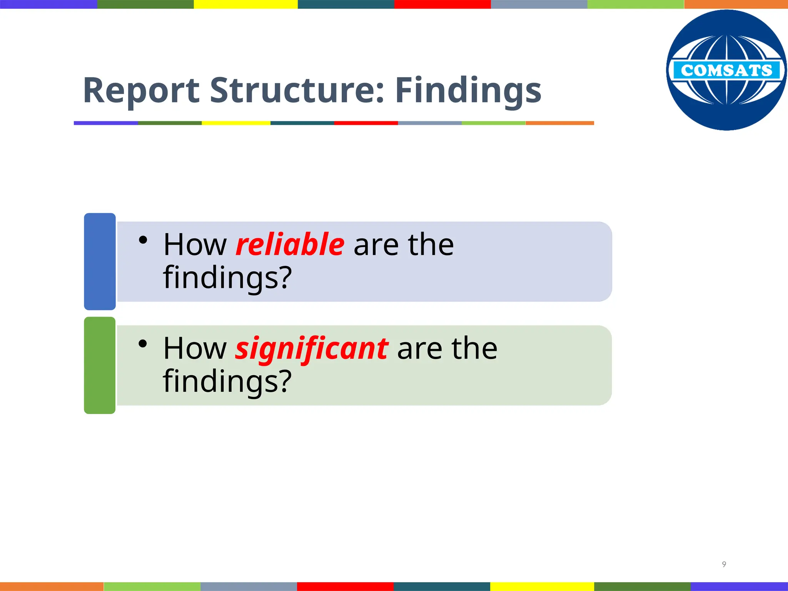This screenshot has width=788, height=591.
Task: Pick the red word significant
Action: [312, 348]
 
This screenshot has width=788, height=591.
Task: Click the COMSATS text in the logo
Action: [726, 70]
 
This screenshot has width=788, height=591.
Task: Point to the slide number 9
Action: [724, 564]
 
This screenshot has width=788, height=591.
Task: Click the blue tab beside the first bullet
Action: [100, 261]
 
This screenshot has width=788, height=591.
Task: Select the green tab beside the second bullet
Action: [100, 365]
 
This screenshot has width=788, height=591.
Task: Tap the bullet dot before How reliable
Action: [143, 240]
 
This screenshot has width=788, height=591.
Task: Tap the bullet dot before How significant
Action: [143, 344]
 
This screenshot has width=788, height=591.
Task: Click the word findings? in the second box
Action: [227, 381]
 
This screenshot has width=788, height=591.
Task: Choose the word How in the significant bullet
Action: [195, 348]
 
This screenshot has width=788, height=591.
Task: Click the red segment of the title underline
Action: [366, 123]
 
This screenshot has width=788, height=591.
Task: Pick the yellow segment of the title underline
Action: [236, 123]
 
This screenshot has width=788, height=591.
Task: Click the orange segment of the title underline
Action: [559, 123]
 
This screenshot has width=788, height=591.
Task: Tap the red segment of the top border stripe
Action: [442, 4]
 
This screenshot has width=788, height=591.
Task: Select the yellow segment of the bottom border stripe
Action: [542, 586]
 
